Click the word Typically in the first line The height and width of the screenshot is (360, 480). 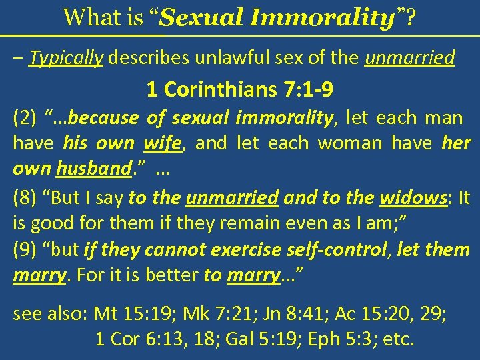click(x=67, y=59)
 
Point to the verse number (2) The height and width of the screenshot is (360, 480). click(x=26, y=119)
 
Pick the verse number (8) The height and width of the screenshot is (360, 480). click(x=26, y=197)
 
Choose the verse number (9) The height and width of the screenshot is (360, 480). click(x=26, y=250)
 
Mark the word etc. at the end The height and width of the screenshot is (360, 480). click(x=399, y=339)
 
